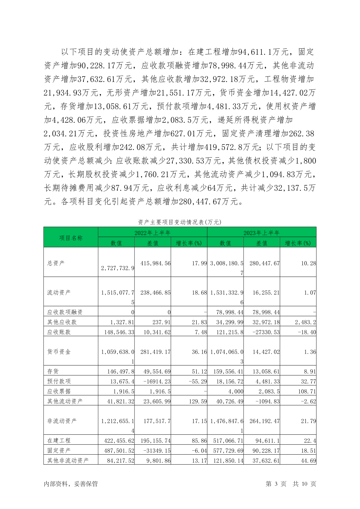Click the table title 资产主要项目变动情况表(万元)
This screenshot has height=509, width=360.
coord(180,222)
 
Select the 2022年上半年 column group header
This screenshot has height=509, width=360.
coord(152,233)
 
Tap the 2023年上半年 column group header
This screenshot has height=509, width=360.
coord(261,233)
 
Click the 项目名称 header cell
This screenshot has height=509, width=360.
coord(71,238)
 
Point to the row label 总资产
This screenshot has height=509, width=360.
coord(56,263)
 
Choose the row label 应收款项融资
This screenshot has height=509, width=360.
coord(65,312)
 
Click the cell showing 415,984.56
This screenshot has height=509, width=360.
coord(155,263)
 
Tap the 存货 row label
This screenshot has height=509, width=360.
coord(53,371)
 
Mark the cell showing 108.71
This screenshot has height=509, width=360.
coord(307,391)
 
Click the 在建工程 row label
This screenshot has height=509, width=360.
coord(59,441)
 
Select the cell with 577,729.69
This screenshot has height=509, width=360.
coord(228,451)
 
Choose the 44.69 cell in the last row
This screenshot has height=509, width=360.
coord(308,461)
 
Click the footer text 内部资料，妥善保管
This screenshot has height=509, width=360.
coord(71,484)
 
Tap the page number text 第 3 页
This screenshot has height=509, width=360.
coord(276,484)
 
